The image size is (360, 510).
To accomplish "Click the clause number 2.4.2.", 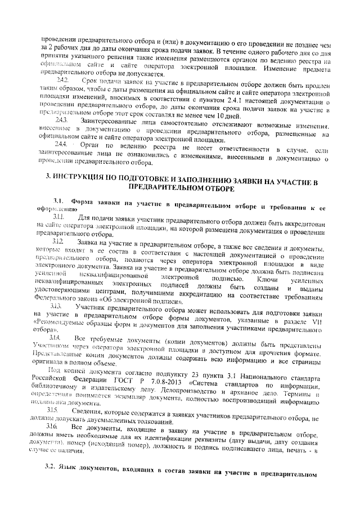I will pos(62,82).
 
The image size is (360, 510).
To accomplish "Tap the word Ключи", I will pos(268,279).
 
